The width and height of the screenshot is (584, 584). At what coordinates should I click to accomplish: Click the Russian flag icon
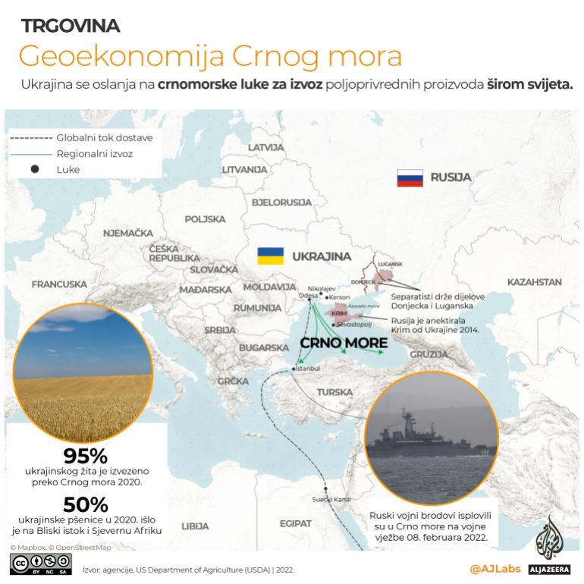(x=410, y=178)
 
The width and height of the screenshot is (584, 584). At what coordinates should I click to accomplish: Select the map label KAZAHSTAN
(x=534, y=282)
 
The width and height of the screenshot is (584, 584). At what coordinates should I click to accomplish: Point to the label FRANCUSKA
(x=59, y=284)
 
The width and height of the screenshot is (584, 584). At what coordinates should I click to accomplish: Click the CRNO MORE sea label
(x=344, y=343)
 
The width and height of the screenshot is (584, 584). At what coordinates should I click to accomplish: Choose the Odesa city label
(x=308, y=297)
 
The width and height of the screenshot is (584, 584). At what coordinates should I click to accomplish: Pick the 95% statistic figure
(x=86, y=457)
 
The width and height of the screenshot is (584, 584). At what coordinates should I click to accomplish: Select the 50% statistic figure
(x=86, y=504)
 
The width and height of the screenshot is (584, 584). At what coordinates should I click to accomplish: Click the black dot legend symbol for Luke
(x=34, y=169)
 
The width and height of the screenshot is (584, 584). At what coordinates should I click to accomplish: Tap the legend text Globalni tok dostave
(x=105, y=138)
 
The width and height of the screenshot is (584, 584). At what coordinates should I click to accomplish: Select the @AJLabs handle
(x=495, y=568)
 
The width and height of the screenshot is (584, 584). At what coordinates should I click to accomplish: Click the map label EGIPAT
(x=295, y=523)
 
